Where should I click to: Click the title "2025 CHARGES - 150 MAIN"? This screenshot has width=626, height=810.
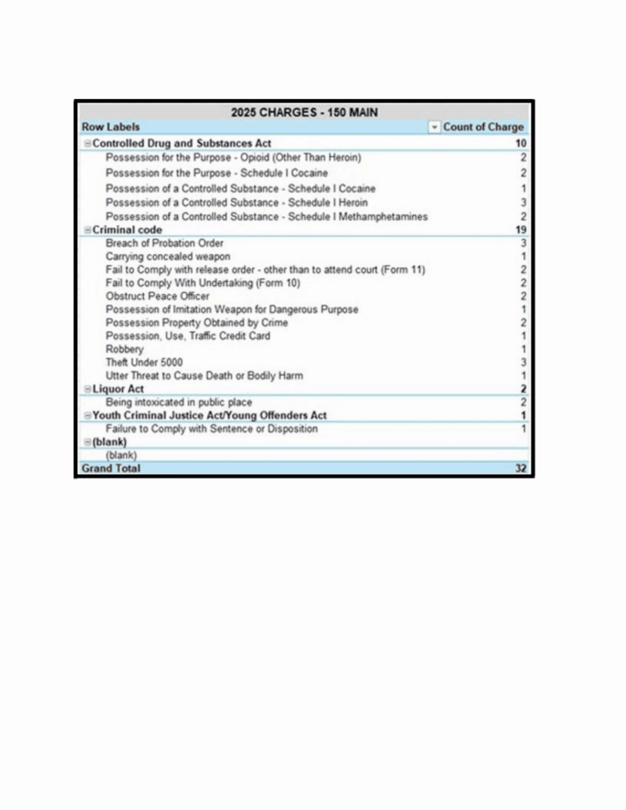pos(304,112)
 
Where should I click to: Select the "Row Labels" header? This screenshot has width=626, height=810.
pos(110,127)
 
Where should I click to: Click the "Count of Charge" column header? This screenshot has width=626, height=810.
pos(483,127)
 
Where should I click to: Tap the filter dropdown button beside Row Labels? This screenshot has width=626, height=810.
pos(434,127)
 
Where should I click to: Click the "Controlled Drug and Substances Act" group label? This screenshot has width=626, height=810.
pos(181,143)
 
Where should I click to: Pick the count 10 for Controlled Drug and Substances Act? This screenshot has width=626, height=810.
pos(521,143)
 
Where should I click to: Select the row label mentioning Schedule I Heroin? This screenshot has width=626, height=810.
pos(236,202)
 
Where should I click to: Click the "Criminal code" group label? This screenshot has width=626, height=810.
pos(127,229)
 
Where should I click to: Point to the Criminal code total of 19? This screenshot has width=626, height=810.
pos(521,229)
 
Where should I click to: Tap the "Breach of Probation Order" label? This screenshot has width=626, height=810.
pos(164,243)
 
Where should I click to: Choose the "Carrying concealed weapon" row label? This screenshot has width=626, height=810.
pos(168,256)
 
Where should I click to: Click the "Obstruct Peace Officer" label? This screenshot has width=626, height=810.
pos(157,296)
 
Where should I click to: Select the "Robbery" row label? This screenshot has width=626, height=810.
pos(124,349)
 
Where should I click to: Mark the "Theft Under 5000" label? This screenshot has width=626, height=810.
pos(144,362)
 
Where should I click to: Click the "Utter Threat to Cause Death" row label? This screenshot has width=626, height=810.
pos(204,376)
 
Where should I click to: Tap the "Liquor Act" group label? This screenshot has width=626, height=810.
pos(118,389)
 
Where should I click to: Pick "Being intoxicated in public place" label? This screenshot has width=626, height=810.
pos(178,403)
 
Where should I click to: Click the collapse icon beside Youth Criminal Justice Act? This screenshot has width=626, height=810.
pos(87,415)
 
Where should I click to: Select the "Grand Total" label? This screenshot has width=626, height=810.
pos(110,469)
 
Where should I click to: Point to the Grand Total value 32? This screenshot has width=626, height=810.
pos(520,469)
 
